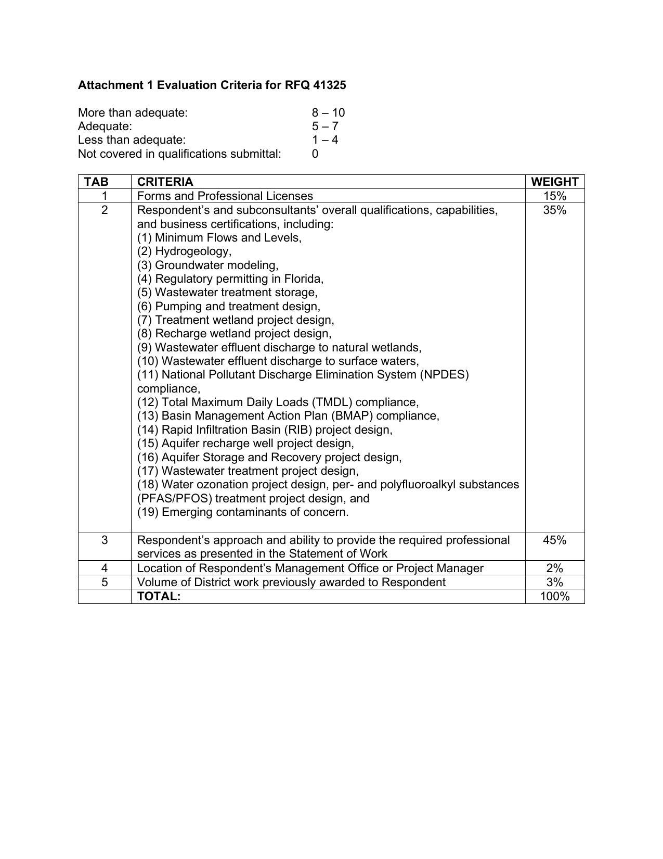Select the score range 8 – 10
click(x=328, y=112)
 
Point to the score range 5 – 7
click(x=325, y=126)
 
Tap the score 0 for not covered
click(x=315, y=154)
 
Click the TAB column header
click(x=97, y=182)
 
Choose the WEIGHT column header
click(x=554, y=182)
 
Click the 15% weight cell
click(x=554, y=196)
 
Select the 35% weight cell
click(x=554, y=210)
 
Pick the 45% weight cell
click(x=554, y=540)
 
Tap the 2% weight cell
click(x=554, y=568)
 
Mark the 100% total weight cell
click(x=554, y=596)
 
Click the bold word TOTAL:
click(x=159, y=596)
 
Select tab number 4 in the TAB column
click(x=105, y=568)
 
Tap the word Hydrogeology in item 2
click(x=192, y=251)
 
